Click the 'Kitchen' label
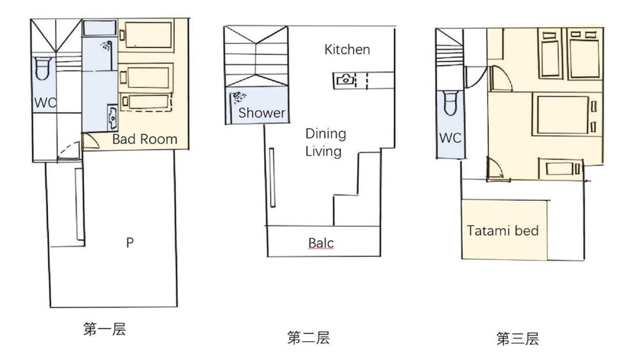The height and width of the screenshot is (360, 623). [347, 50]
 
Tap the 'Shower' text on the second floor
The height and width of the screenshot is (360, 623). [262, 113]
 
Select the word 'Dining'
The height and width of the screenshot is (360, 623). [325, 134]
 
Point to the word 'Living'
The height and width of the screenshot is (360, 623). [324, 151]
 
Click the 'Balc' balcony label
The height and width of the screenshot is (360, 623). [321, 243]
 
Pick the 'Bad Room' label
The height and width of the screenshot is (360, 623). [145, 139]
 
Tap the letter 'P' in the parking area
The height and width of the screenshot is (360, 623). [130, 242]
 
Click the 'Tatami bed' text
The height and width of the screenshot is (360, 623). [502, 230]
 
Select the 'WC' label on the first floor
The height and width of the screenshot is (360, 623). [46, 103]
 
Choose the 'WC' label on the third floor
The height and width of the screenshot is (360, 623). [450, 138]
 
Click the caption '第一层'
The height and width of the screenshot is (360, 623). [104, 329]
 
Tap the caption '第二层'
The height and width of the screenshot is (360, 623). [308, 337]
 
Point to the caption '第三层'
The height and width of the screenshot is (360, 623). [517, 339]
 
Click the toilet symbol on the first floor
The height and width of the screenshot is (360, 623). [43, 68]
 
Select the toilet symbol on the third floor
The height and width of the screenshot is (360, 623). [451, 103]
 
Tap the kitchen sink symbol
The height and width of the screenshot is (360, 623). [345, 80]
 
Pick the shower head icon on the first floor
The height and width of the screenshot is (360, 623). [107, 46]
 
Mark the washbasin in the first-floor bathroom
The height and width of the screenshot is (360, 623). [112, 117]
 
